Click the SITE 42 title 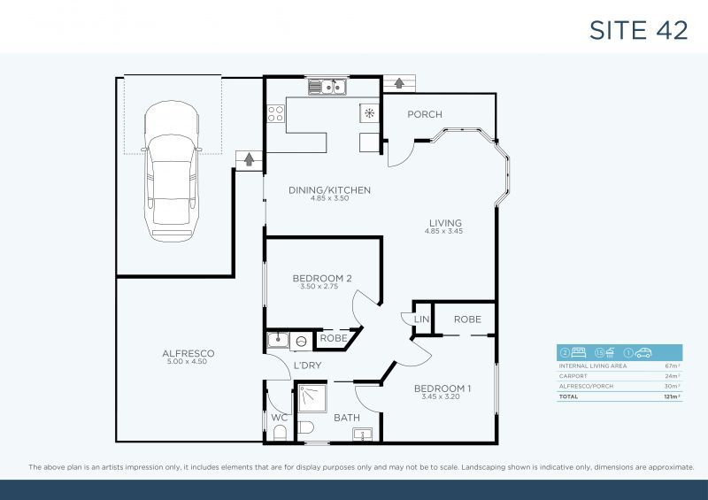click(638, 29)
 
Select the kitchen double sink click(327, 87)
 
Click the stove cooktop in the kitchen click(275, 113)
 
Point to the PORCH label click(424, 114)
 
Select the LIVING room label click(445, 223)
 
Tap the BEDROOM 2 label click(322, 279)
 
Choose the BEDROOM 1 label click(442, 388)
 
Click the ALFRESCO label click(188, 353)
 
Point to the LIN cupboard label click(421, 319)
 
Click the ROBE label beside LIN click(466, 319)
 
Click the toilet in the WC click(281, 431)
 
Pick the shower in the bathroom click(311, 398)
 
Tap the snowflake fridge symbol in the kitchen click(368, 112)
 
